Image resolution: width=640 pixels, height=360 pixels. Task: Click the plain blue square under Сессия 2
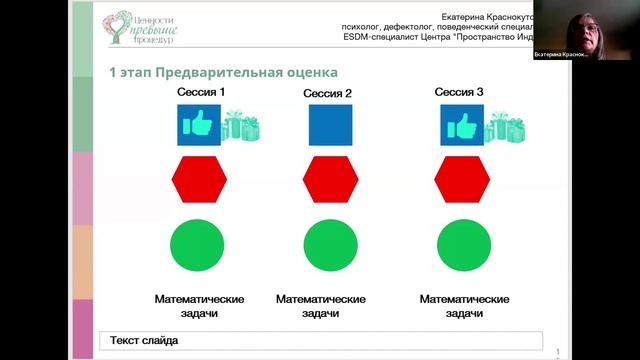(330, 126)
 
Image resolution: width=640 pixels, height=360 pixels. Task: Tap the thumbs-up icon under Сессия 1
(198, 126)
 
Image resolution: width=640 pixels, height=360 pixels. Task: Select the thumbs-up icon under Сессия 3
(462, 126)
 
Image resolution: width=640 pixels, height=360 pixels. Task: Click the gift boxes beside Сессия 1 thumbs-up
(240, 127)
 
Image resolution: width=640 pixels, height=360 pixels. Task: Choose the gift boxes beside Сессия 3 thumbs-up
(505, 127)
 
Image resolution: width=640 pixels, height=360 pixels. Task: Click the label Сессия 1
(201, 92)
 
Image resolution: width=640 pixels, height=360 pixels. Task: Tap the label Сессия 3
(460, 92)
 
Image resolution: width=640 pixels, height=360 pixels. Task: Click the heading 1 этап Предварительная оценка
(223, 72)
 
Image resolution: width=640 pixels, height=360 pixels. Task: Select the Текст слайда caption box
(320, 341)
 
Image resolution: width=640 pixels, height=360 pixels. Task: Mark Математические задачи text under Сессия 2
(320, 306)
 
